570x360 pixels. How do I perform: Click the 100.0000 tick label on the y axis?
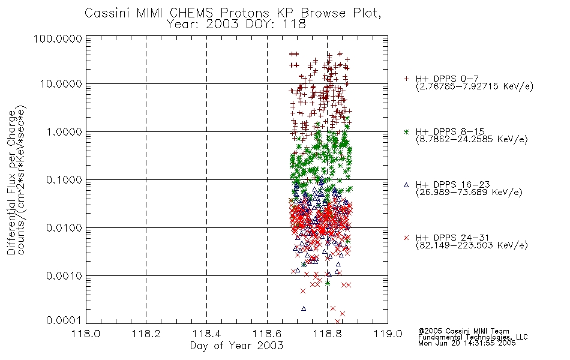58,38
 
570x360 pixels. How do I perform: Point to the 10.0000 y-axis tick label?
61,84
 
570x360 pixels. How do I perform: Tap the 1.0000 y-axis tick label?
64,131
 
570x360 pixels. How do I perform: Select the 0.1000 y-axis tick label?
64,179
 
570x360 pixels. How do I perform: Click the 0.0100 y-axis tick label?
64,227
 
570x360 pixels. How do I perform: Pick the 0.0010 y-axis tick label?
64,275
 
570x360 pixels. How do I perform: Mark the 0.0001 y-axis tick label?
64,320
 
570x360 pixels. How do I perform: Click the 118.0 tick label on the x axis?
86,334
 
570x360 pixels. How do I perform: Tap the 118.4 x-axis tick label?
206,334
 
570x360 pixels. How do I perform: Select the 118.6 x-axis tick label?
267,334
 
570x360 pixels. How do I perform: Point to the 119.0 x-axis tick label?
388,334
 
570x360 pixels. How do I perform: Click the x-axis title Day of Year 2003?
236,346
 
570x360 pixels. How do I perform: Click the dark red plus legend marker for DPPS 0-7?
406,79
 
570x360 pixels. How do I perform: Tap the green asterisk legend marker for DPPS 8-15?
406,131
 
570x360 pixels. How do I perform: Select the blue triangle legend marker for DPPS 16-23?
406,185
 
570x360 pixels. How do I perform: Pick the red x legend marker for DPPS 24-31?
406,238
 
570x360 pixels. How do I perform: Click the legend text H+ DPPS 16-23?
453,184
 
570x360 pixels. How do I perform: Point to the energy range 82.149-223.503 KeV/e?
472,245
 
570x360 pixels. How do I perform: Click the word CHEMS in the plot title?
193,13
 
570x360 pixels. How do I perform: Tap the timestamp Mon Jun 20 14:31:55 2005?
467,343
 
